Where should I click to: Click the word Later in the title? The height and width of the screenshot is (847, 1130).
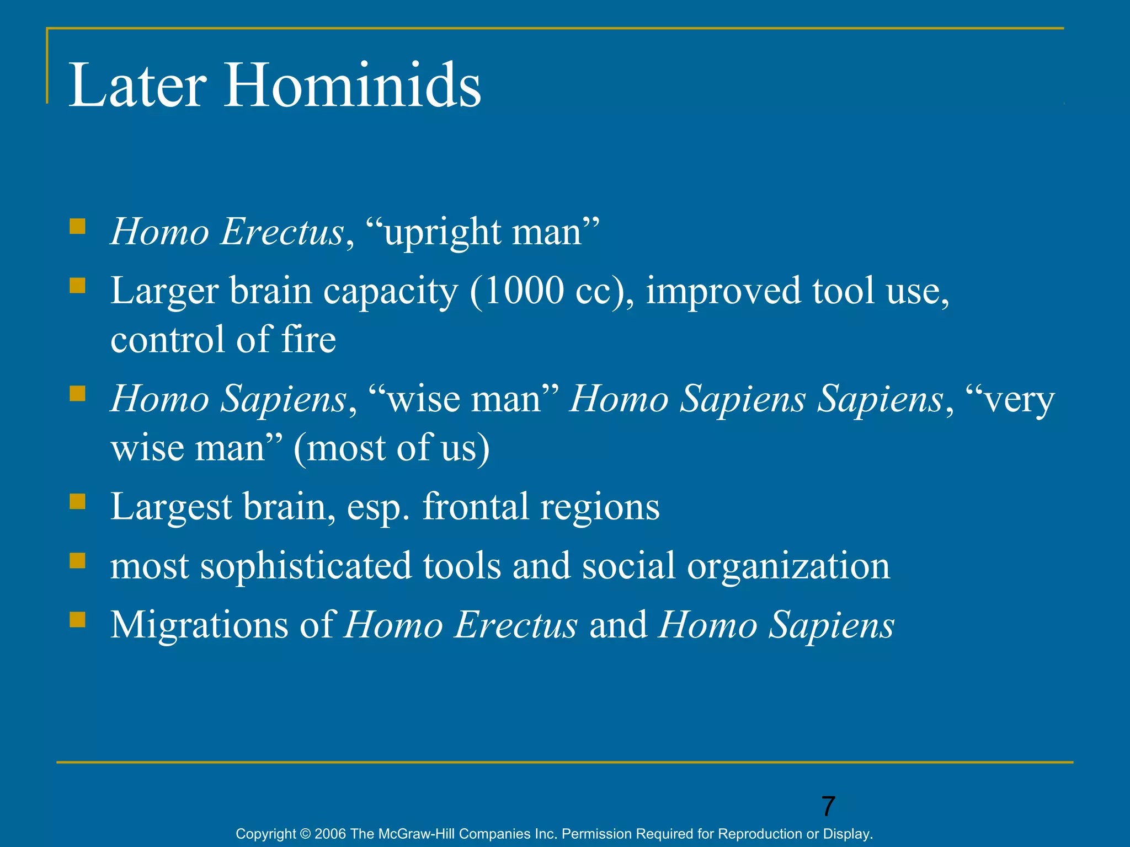pos(137,85)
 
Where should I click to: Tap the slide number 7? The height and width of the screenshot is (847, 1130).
pos(828,806)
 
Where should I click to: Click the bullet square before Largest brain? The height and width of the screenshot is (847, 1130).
pos(78,501)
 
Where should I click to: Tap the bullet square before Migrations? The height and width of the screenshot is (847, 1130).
pos(78,620)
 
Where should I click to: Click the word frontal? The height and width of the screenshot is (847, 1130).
pos(475,506)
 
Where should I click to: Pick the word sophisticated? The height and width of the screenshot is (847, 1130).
pos(306,566)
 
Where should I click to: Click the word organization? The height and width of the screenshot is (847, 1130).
pos(788,566)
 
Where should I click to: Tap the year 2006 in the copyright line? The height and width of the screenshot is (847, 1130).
pos(330,834)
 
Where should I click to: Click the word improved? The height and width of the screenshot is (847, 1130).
pos(723,291)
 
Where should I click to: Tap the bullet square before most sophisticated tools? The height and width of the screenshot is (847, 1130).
pos(78,561)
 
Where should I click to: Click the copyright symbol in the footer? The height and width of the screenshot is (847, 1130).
pos(305,834)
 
